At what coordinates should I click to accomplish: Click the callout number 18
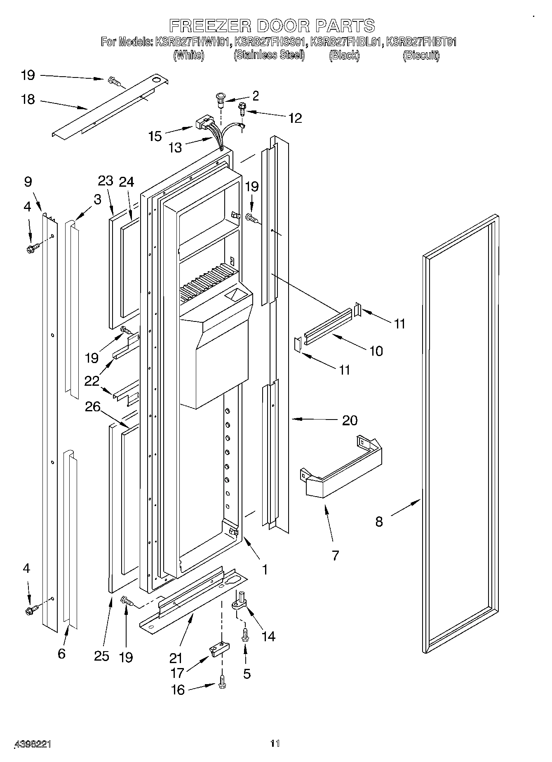[28, 100]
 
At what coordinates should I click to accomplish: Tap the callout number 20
[350, 420]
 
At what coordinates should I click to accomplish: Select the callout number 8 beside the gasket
[379, 522]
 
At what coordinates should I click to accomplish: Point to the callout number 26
[93, 407]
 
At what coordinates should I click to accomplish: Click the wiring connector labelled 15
[200, 123]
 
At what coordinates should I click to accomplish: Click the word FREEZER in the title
[210, 26]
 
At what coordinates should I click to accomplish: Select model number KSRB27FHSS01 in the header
[270, 42]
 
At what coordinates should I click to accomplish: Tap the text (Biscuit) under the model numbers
[420, 55]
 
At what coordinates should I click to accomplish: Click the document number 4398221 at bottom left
[33, 744]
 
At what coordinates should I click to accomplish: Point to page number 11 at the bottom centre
[275, 743]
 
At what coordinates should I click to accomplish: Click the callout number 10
[376, 351]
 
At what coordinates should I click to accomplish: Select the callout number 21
[176, 658]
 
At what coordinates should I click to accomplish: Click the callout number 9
[28, 182]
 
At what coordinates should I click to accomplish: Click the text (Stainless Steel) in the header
[269, 55]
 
